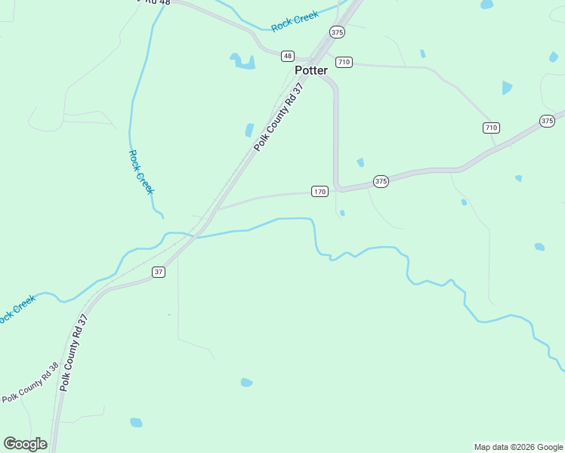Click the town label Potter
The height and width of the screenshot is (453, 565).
click(311, 70)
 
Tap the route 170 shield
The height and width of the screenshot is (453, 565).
click(320, 192)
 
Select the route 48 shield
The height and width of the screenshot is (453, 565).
click(287, 56)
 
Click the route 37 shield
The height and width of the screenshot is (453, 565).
click(158, 272)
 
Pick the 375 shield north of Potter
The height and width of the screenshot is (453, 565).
click(337, 32)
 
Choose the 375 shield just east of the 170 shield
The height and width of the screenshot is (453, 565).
click(381, 181)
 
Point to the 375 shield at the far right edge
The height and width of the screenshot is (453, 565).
click(548, 121)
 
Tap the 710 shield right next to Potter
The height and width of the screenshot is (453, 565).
click(344, 62)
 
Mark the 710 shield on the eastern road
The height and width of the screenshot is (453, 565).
click(491, 128)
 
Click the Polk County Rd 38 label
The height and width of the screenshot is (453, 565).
click(30, 383)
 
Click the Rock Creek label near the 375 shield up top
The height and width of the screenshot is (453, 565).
click(295, 21)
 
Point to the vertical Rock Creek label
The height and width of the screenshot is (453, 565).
click(140, 172)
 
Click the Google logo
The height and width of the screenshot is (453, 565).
click(25, 444)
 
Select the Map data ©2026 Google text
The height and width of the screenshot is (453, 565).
click(518, 447)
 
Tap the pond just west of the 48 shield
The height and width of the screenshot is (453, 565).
click(243, 62)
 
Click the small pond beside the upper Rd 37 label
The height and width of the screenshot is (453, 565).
click(249, 131)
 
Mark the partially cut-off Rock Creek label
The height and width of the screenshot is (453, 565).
click(17, 309)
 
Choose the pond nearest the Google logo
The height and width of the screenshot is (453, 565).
click(136, 422)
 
